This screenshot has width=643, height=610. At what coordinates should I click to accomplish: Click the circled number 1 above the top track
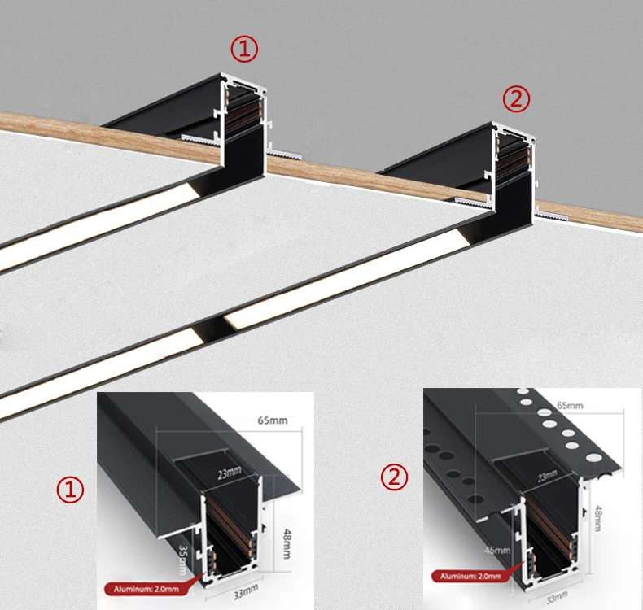[243, 50]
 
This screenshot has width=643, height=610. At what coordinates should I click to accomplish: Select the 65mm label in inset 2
[569, 405]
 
